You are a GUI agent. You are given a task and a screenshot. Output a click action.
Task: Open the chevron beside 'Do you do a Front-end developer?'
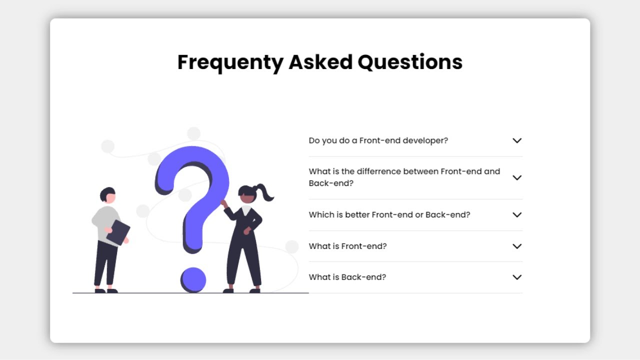(x=517, y=140)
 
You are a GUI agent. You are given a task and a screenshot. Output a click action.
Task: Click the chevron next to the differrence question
(x=517, y=177)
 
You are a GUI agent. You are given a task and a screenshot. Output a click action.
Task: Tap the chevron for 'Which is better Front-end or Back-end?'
(x=517, y=214)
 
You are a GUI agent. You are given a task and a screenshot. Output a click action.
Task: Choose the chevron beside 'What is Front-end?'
(x=517, y=246)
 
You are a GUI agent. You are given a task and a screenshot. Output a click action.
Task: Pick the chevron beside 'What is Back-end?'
(x=517, y=277)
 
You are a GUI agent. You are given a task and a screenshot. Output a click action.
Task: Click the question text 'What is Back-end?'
(x=347, y=277)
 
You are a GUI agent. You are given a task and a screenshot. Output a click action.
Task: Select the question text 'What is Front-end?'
(x=347, y=246)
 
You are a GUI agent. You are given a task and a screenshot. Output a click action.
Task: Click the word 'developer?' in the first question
(x=425, y=140)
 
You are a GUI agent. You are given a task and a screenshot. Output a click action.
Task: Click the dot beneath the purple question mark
(x=193, y=279)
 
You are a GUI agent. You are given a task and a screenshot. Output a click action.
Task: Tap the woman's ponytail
(x=265, y=192)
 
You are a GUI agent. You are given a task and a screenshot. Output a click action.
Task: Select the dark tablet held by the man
(x=118, y=232)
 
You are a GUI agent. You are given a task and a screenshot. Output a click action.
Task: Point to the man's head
(x=108, y=195)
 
